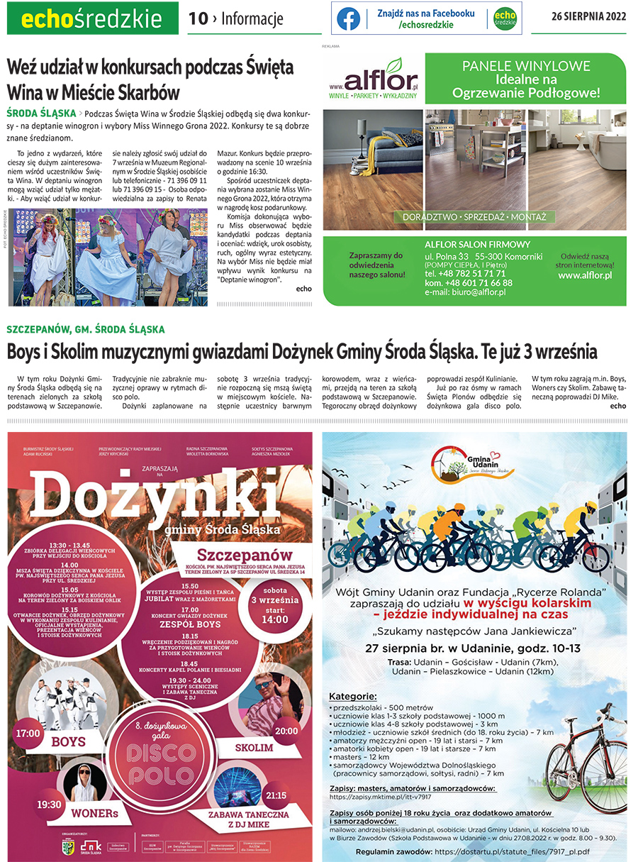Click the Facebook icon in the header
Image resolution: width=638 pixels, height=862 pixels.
(348, 19)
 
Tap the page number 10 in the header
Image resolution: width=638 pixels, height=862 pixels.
(198, 19)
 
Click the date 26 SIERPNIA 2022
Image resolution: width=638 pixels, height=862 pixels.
(588, 18)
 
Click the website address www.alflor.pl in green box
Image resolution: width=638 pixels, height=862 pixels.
(584, 275)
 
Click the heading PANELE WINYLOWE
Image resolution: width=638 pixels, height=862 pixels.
(526, 66)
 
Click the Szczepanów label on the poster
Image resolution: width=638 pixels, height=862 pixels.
(235, 553)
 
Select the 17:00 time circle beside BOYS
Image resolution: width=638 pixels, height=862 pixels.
(28, 733)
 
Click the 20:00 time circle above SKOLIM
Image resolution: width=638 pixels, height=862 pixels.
(286, 731)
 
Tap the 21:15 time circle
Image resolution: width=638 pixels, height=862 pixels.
(275, 795)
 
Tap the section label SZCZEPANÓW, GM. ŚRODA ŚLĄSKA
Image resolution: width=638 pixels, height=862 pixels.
(85, 329)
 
